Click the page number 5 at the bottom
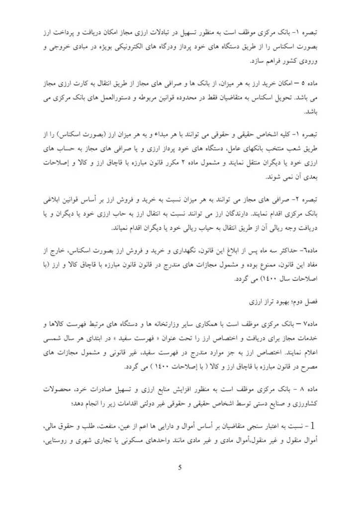(180, 467)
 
